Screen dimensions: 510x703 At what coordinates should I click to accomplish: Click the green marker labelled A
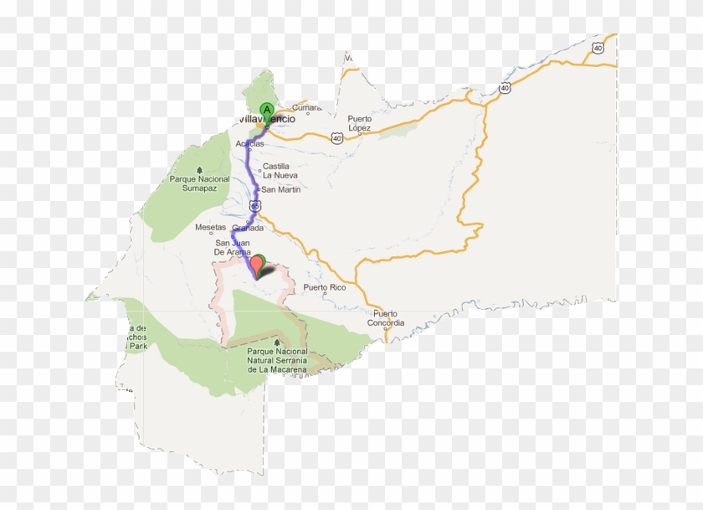click(267, 110)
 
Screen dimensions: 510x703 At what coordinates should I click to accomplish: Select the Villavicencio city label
click(268, 120)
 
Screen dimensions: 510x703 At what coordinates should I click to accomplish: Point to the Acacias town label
click(249, 143)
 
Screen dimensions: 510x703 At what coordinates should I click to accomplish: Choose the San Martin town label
click(281, 189)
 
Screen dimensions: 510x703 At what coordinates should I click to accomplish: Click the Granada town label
click(248, 228)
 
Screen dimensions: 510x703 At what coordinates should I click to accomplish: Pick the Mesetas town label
click(211, 227)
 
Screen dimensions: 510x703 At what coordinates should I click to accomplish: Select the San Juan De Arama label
click(233, 247)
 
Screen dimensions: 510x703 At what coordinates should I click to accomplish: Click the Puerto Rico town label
click(325, 287)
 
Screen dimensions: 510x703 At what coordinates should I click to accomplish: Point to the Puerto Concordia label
click(386, 318)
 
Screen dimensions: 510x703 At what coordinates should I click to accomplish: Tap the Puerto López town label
click(360, 122)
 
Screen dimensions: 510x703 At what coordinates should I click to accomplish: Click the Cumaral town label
click(307, 107)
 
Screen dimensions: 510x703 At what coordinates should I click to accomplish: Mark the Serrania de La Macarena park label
click(277, 361)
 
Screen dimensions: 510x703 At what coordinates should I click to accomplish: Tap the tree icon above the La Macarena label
click(277, 342)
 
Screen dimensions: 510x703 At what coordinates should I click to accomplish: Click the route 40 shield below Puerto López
click(336, 138)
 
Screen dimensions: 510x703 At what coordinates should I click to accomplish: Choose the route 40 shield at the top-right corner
click(597, 48)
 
